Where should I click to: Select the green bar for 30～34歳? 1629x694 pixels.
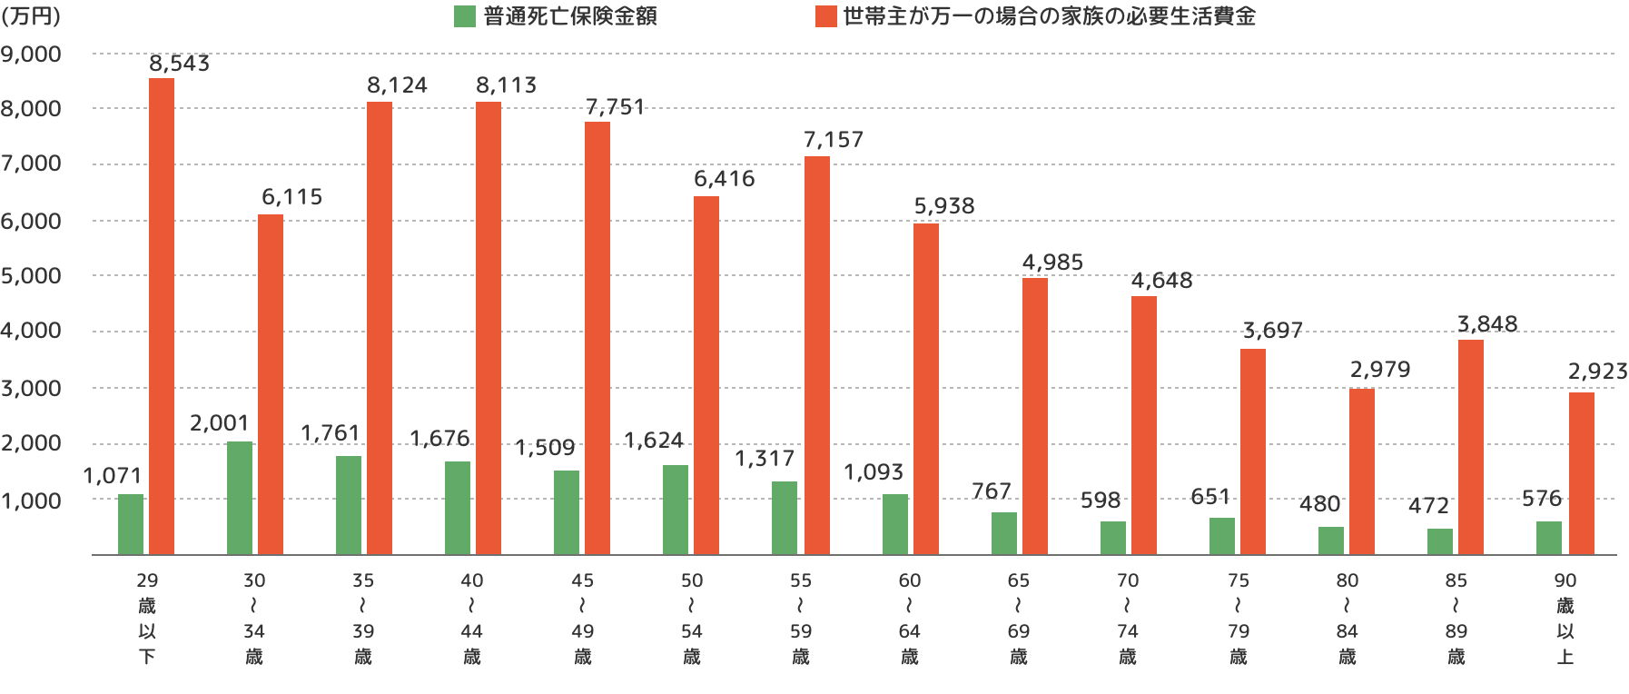[x=240, y=498]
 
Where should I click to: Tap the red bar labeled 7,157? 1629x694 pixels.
[x=817, y=355]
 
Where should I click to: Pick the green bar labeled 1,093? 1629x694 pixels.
[x=895, y=524]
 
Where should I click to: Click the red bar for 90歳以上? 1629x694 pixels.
[x=1581, y=473]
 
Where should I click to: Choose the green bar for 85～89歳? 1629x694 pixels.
[x=1440, y=541]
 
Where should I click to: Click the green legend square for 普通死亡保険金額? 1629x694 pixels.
[x=464, y=17]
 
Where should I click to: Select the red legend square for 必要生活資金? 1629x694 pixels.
[x=825, y=17]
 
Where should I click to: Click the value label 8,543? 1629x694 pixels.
[x=179, y=64]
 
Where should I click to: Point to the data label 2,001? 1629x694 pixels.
[x=219, y=422]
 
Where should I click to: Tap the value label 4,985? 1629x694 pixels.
[x=1052, y=262]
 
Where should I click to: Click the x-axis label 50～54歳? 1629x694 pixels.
[x=691, y=618]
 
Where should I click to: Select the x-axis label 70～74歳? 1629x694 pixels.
[x=1128, y=618]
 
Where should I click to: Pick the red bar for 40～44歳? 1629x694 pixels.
[x=489, y=328]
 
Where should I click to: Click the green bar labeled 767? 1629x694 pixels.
[x=1004, y=533]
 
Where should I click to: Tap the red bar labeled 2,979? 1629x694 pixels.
[x=1362, y=471]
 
